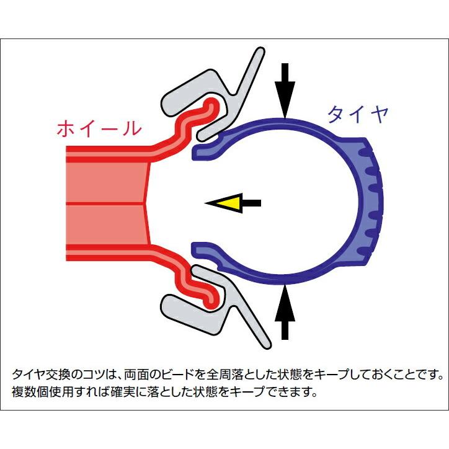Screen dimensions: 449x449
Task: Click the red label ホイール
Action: [x=99, y=128]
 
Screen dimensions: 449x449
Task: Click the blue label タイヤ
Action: [x=358, y=115]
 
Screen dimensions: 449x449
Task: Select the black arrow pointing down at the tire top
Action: [x=285, y=91]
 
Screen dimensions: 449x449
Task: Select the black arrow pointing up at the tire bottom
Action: [x=285, y=311]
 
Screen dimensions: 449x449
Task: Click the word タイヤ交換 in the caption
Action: [x=41, y=375]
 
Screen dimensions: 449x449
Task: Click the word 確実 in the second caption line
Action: [x=123, y=392]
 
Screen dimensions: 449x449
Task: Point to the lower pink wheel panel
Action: [x=107, y=225]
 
